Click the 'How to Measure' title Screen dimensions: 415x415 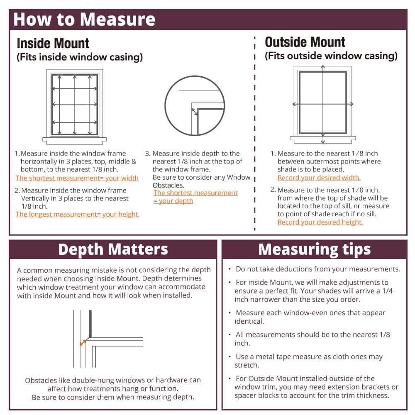point(84,20)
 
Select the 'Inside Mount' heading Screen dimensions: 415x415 point(53,44)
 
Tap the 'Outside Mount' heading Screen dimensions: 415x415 point(305,42)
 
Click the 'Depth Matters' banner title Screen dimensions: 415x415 point(113,249)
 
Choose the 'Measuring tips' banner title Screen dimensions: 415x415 point(315,249)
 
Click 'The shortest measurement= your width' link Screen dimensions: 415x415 point(77,178)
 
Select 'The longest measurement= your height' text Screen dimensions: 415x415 point(78,214)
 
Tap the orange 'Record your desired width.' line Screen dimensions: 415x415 point(319,178)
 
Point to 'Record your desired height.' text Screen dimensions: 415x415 point(320,222)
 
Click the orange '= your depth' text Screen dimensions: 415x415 point(173,201)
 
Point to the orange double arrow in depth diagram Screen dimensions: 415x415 point(83,343)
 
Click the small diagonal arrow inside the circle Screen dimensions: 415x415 point(195,112)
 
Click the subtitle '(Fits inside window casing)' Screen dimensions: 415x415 point(80,57)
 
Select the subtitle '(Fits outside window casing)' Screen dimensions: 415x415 point(331,56)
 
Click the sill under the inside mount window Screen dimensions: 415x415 point(75,141)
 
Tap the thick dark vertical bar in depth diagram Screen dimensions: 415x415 point(90,324)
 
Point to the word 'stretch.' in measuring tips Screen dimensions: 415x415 point(247,365)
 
